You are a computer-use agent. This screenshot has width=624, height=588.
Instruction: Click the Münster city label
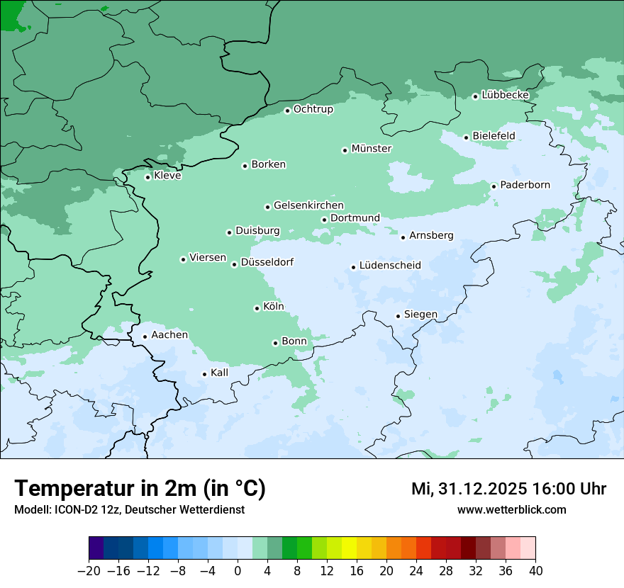[372, 149]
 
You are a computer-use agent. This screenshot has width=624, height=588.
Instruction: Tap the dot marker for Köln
[257, 308]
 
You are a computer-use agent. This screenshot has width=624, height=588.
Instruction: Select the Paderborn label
[525, 185]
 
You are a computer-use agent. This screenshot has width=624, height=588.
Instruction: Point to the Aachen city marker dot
[145, 337]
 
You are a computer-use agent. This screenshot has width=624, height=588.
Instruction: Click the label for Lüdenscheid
[390, 266]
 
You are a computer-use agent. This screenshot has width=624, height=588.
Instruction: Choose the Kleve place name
[167, 176]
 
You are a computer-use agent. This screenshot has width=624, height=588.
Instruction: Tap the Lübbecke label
[505, 95]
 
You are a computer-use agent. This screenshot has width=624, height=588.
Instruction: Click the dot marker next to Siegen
[398, 317]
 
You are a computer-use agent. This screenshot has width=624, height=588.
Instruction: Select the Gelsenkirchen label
[308, 205]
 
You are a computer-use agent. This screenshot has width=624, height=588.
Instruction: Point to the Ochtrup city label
[313, 109]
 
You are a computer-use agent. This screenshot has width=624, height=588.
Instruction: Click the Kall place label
[220, 373]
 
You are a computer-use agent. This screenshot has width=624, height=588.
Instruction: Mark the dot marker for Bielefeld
[466, 137]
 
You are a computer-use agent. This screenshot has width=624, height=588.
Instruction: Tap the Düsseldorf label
[267, 262]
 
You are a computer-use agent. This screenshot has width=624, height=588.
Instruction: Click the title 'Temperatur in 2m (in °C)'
[140, 488]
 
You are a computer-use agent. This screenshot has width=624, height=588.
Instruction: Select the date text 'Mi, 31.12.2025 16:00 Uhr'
[508, 489]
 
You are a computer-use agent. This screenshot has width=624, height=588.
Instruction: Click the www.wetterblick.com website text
[511, 510]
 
